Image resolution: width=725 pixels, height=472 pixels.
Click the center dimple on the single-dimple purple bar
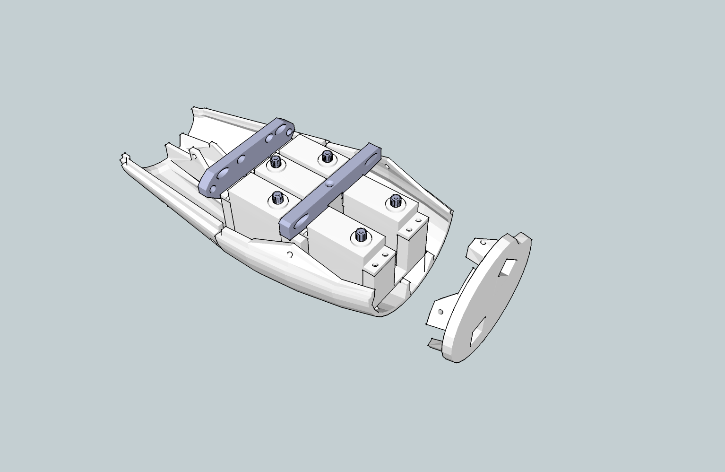click(330, 183)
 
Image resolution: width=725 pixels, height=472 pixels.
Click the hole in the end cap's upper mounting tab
click(483, 243)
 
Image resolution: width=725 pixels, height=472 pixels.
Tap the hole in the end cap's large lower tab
click(440, 312)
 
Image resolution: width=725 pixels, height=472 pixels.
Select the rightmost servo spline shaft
click(395, 201)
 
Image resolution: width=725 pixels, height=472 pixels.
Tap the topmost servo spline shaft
click(326, 156)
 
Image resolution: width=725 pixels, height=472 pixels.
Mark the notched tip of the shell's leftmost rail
click(125, 158)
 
